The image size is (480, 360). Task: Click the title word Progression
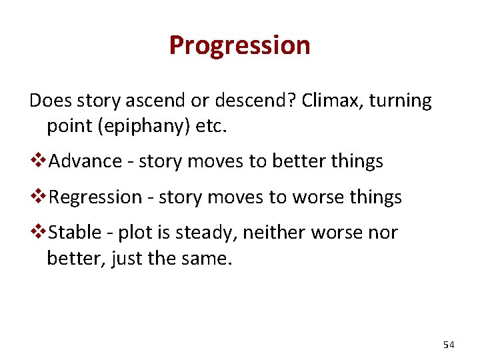(x=239, y=46)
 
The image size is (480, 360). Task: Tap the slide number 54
(x=448, y=345)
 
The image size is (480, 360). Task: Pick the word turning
(x=400, y=101)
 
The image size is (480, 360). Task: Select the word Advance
(x=85, y=161)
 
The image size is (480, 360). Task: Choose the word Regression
(x=96, y=197)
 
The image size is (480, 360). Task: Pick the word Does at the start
(x=50, y=101)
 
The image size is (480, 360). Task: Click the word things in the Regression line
(x=378, y=197)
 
